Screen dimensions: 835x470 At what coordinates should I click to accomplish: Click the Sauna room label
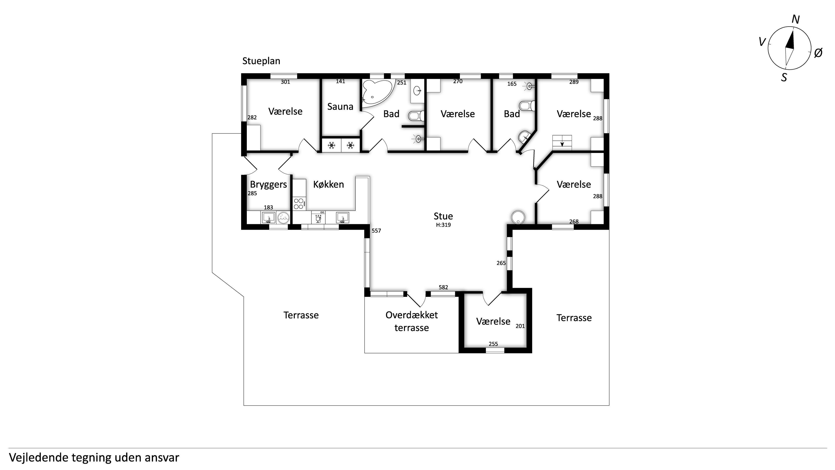[x=340, y=106]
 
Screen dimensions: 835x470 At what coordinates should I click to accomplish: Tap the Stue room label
[x=443, y=216]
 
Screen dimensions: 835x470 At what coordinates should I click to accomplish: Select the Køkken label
[x=328, y=184]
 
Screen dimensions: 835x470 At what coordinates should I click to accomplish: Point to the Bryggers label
[x=268, y=185]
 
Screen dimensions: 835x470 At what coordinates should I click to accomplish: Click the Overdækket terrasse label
[x=412, y=321]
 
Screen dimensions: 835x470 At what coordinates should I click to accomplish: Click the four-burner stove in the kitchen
[x=299, y=204]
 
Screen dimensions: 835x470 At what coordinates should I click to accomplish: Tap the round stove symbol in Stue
[x=518, y=217]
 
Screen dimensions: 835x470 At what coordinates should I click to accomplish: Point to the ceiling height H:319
[x=443, y=225]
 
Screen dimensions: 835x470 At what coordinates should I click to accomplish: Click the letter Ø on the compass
[x=818, y=53]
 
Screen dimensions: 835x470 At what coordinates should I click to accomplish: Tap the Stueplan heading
[x=261, y=61]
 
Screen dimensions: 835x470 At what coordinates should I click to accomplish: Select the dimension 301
[x=285, y=82]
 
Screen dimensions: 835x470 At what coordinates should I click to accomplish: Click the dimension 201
[x=520, y=326]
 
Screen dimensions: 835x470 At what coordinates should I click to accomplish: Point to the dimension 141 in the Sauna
[x=340, y=81]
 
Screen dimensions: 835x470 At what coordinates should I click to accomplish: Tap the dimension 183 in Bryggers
[x=268, y=207]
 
